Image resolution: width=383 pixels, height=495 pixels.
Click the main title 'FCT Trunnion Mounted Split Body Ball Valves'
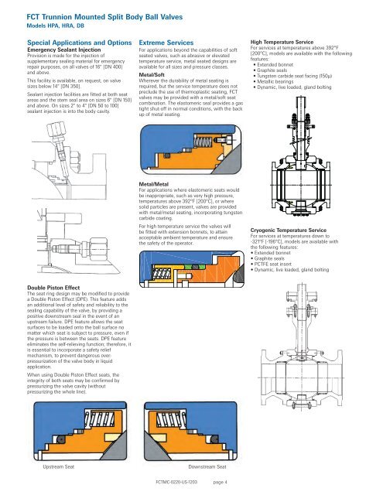104,17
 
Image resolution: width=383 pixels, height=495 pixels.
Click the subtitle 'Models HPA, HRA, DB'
55,26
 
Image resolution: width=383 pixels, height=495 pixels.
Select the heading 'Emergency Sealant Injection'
64,49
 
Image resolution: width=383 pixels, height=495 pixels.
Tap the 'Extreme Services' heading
166,43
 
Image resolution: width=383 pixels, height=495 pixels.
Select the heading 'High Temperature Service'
282,42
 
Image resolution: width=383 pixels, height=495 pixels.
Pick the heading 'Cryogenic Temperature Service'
289,230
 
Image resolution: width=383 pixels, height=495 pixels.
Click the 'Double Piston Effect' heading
53,288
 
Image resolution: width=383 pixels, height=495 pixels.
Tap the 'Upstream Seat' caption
58,466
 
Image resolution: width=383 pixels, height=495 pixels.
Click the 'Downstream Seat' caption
207,466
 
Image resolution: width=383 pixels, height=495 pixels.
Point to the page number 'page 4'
220,482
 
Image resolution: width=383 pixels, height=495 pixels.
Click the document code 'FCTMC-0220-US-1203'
176,482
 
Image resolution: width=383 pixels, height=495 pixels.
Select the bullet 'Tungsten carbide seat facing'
294,76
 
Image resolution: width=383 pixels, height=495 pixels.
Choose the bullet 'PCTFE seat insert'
273,264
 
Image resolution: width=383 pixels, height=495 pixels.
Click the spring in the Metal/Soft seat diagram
202,142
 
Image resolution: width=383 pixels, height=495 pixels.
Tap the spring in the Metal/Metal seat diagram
162,273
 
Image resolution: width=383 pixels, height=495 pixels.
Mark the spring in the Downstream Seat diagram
169,419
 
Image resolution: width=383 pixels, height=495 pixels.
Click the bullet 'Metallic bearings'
275,81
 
